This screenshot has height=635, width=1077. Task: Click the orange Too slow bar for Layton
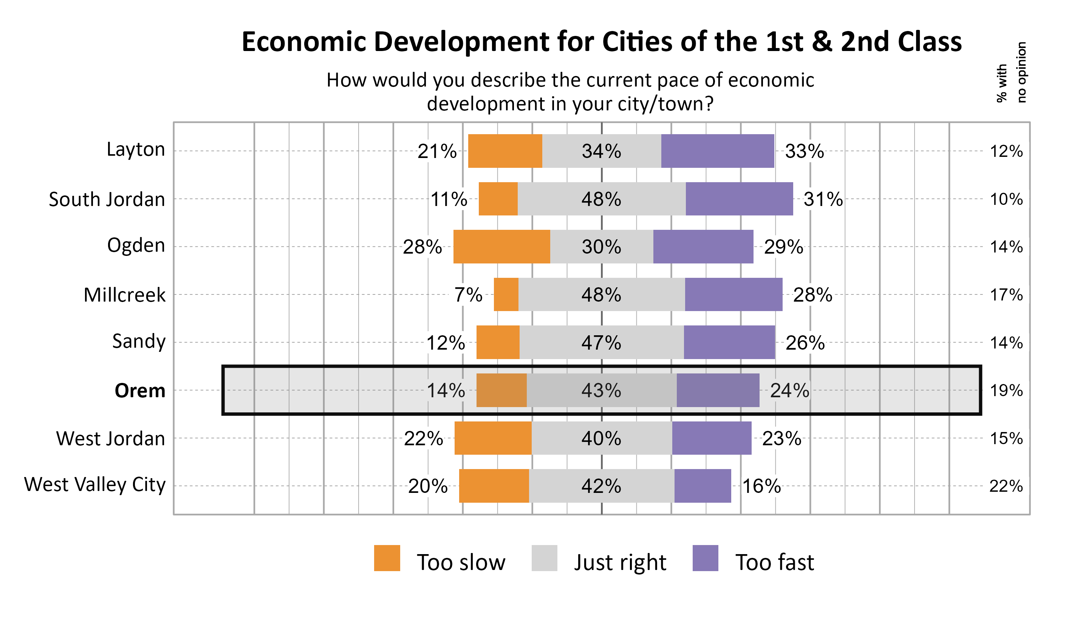click(505, 151)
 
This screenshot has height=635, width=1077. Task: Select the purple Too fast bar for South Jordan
click(739, 199)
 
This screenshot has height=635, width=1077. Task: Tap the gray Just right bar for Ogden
click(601, 247)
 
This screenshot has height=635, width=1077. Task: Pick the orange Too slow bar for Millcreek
click(506, 294)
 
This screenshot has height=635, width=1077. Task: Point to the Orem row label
click(140, 391)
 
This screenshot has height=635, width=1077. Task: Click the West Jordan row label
click(110, 438)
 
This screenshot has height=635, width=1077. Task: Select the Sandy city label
click(139, 341)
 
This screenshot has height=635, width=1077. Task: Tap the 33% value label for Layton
click(804, 152)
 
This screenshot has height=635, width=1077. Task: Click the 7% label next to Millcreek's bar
click(468, 295)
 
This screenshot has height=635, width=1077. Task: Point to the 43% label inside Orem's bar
click(601, 391)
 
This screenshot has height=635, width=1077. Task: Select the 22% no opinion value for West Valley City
click(1006, 486)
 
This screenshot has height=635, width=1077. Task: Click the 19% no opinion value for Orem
click(1006, 391)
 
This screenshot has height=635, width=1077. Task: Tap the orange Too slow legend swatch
click(387, 558)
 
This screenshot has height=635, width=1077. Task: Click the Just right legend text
click(620, 562)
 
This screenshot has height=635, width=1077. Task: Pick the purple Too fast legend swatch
click(705, 558)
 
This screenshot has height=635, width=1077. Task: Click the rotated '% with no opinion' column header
click(1011, 73)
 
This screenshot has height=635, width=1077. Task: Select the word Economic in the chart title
click(304, 42)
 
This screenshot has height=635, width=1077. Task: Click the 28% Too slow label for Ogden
click(422, 247)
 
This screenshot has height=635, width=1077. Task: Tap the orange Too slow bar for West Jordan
click(493, 438)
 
